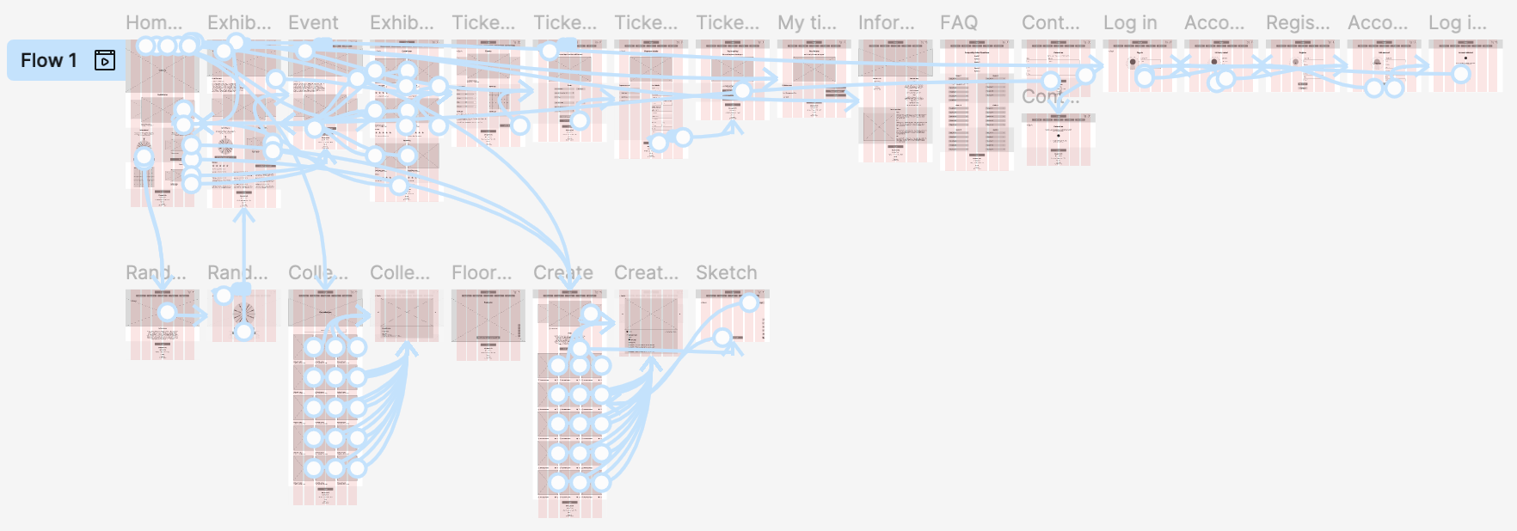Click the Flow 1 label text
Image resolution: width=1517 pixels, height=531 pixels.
tap(48, 60)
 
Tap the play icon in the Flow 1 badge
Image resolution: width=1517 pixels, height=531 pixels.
tap(105, 60)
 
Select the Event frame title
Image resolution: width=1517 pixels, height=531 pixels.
tap(313, 22)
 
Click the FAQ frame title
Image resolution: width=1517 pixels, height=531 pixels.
tap(959, 22)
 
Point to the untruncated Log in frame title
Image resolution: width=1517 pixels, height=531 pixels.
tap(1130, 22)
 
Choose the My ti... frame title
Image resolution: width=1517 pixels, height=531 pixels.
tap(807, 22)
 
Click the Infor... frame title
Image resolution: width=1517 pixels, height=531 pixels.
tap(887, 22)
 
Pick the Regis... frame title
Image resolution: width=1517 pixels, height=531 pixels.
tap(1298, 22)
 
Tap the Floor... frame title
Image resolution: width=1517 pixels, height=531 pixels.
tap(482, 272)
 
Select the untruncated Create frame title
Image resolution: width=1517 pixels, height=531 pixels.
tap(562, 272)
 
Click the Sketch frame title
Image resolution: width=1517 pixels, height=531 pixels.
tap(727, 272)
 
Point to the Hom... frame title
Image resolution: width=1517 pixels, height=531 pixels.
tap(154, 22)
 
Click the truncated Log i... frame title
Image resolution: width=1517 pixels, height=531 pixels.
tap(1458, 22)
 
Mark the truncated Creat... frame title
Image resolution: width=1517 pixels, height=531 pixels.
tap(646, 272)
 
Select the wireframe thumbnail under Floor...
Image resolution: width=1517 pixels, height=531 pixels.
tap(488, 322)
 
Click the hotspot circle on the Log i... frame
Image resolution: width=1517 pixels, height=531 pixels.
tap(1461, 75)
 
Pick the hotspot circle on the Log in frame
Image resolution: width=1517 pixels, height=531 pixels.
tap(1145, 78)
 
